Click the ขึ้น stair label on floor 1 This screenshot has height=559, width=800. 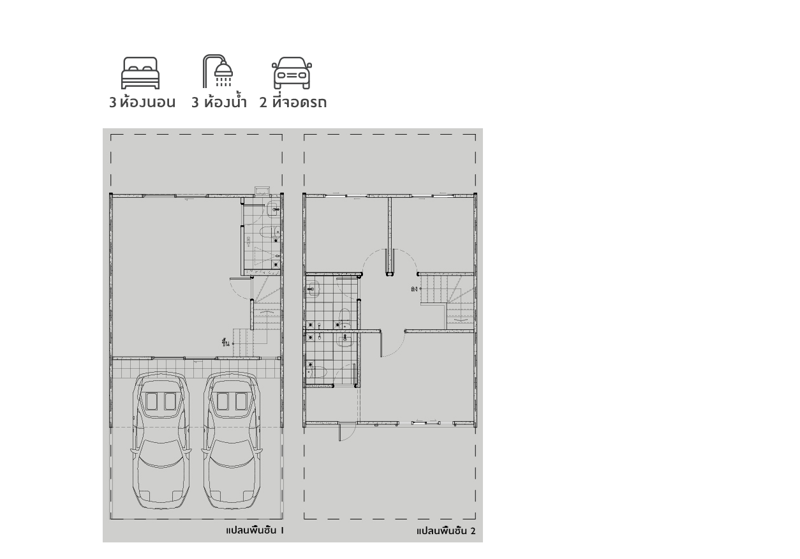click(x=225, y=343)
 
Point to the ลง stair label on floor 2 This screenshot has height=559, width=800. click(x=414, y=288)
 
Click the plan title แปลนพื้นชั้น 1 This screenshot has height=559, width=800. click(x=254, y=530)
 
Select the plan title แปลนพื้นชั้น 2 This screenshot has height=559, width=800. click(x=445, y=531)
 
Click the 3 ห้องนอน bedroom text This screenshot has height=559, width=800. click(x=142, y=102)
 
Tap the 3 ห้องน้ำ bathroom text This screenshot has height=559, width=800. click(x=218, y=102)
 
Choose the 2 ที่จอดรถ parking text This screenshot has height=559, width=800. click(x=293, y=102)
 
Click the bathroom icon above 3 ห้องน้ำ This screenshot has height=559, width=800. click(x=218, y=71)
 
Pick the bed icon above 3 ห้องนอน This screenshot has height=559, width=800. click(x=140, y=71)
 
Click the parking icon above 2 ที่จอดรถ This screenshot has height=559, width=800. click(x=292, y=71)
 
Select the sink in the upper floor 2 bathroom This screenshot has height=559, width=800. click(x=312, y=288)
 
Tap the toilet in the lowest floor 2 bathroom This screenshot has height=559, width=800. click(x=318, y=371)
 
